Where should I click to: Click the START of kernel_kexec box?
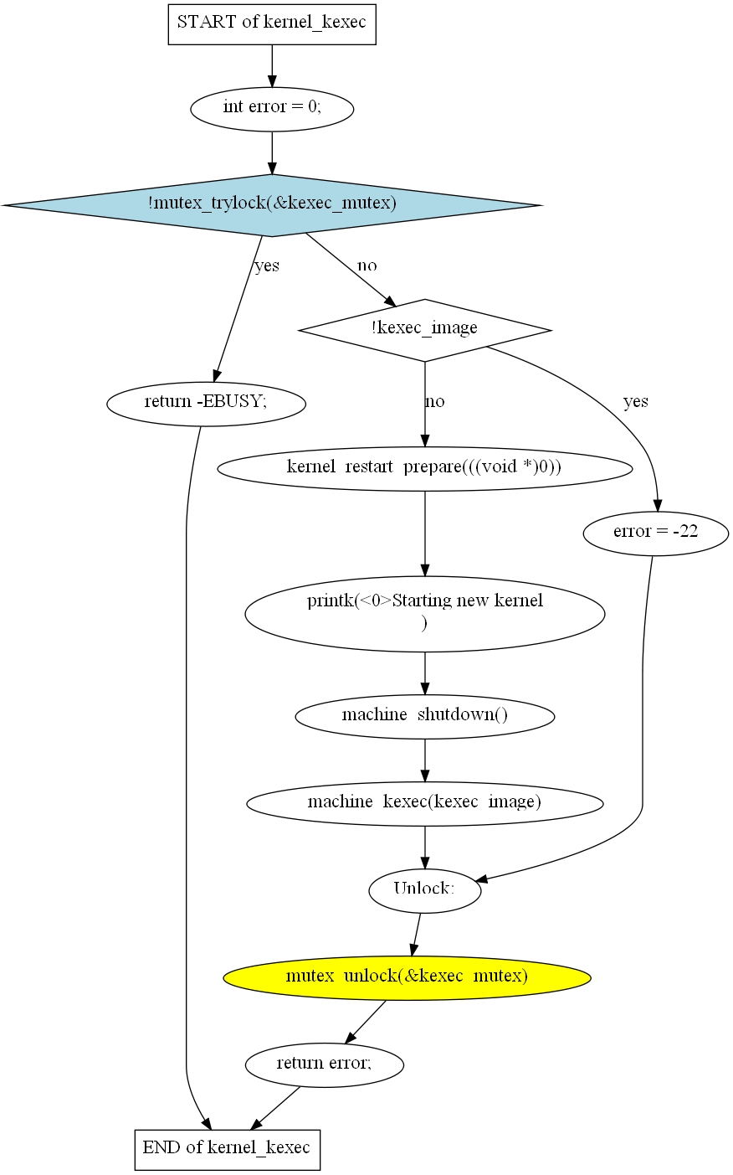coord(272,23)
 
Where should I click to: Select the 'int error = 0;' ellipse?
coord(272,108)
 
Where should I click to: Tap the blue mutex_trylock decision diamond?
coord(272,204)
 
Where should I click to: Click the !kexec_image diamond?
coord(424,329)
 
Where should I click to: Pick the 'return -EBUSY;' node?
coord(206,403)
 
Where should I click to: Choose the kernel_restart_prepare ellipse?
coord(424,467)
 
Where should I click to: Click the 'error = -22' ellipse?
coord(655,533)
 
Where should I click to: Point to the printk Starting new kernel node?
coord(424,613)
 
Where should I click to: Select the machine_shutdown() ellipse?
coord(424,715)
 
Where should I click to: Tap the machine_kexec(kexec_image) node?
coord(424,802)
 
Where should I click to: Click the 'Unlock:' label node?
coord(424,889)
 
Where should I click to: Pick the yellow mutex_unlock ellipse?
coord(407,977)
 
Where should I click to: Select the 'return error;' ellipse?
coord(324,1064)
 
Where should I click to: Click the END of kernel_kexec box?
coord(227,1148)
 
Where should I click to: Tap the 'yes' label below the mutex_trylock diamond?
coord(267,266)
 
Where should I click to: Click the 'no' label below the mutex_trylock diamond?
coord(367,266)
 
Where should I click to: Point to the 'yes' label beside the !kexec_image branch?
coord(636,402)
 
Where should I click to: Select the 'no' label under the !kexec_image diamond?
coord(435,402)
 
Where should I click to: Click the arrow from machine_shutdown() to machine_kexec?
coord(424,760)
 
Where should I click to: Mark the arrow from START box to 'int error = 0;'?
coord(272,65)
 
